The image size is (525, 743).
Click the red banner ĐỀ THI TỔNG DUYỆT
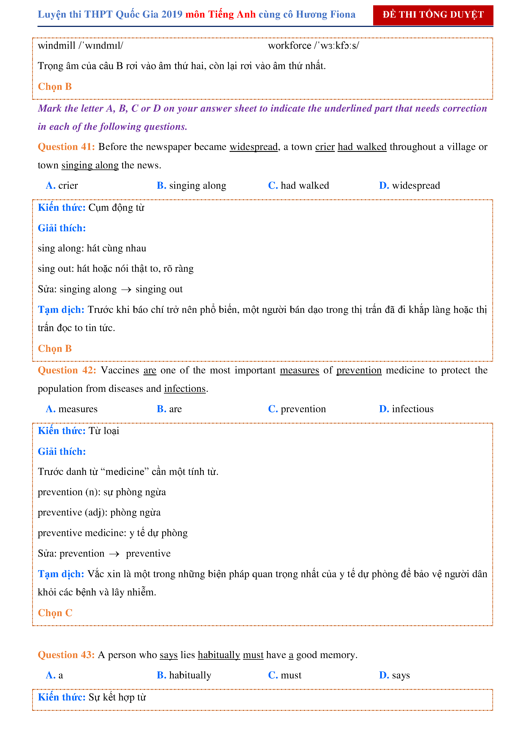tap(433, 15)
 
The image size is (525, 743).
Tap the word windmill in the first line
tap(57, 46)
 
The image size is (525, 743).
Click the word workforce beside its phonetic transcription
tap(290, 46)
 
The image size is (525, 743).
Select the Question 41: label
tap(66, 147)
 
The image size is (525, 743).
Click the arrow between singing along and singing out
tap(126, 290)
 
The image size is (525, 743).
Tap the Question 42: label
tap(67, 370)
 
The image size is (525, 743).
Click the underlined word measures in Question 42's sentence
tap(299, 370)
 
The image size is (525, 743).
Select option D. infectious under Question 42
tap(406, 409)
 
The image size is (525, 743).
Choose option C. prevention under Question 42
tap(297, 409)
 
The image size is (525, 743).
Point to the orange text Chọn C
tap(55, 613)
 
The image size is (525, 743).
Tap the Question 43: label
tap(66, 655)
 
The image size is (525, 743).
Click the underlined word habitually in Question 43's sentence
tap(219, 655)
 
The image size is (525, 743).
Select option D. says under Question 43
tap(394, 675)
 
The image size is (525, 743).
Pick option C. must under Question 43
tap(285, 675)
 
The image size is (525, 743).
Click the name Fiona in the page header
tap(343, 15)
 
